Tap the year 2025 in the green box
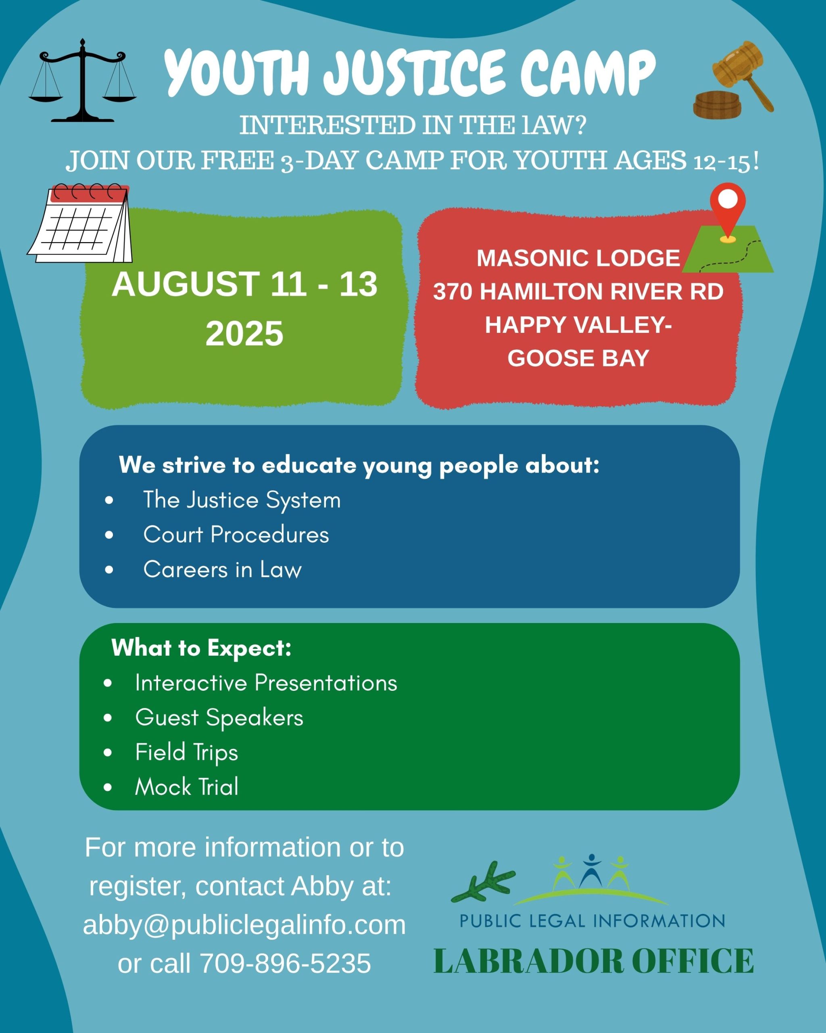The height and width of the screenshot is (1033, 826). click(x=244, y=333)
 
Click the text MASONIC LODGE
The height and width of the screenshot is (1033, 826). click(x=578, y=258)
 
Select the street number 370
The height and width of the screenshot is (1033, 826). click(x=453, y=292)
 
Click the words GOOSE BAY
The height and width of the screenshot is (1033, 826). click(x=578, y=358)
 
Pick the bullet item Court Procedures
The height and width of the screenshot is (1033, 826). click(x=236, y=535)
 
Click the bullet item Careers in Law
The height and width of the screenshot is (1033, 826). click(x=223, y=570)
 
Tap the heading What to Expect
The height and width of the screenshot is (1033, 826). click(x=202, y=648)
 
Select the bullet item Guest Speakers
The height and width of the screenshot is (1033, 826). click(x=219, y=718)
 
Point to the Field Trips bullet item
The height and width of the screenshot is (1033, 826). click(x=187, y=752)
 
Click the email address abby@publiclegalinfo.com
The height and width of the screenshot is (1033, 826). click(x=244, y=925)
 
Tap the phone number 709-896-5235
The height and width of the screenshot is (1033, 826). click(x=286, y=963)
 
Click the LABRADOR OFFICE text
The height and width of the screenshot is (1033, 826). click(x=594, y=961)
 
